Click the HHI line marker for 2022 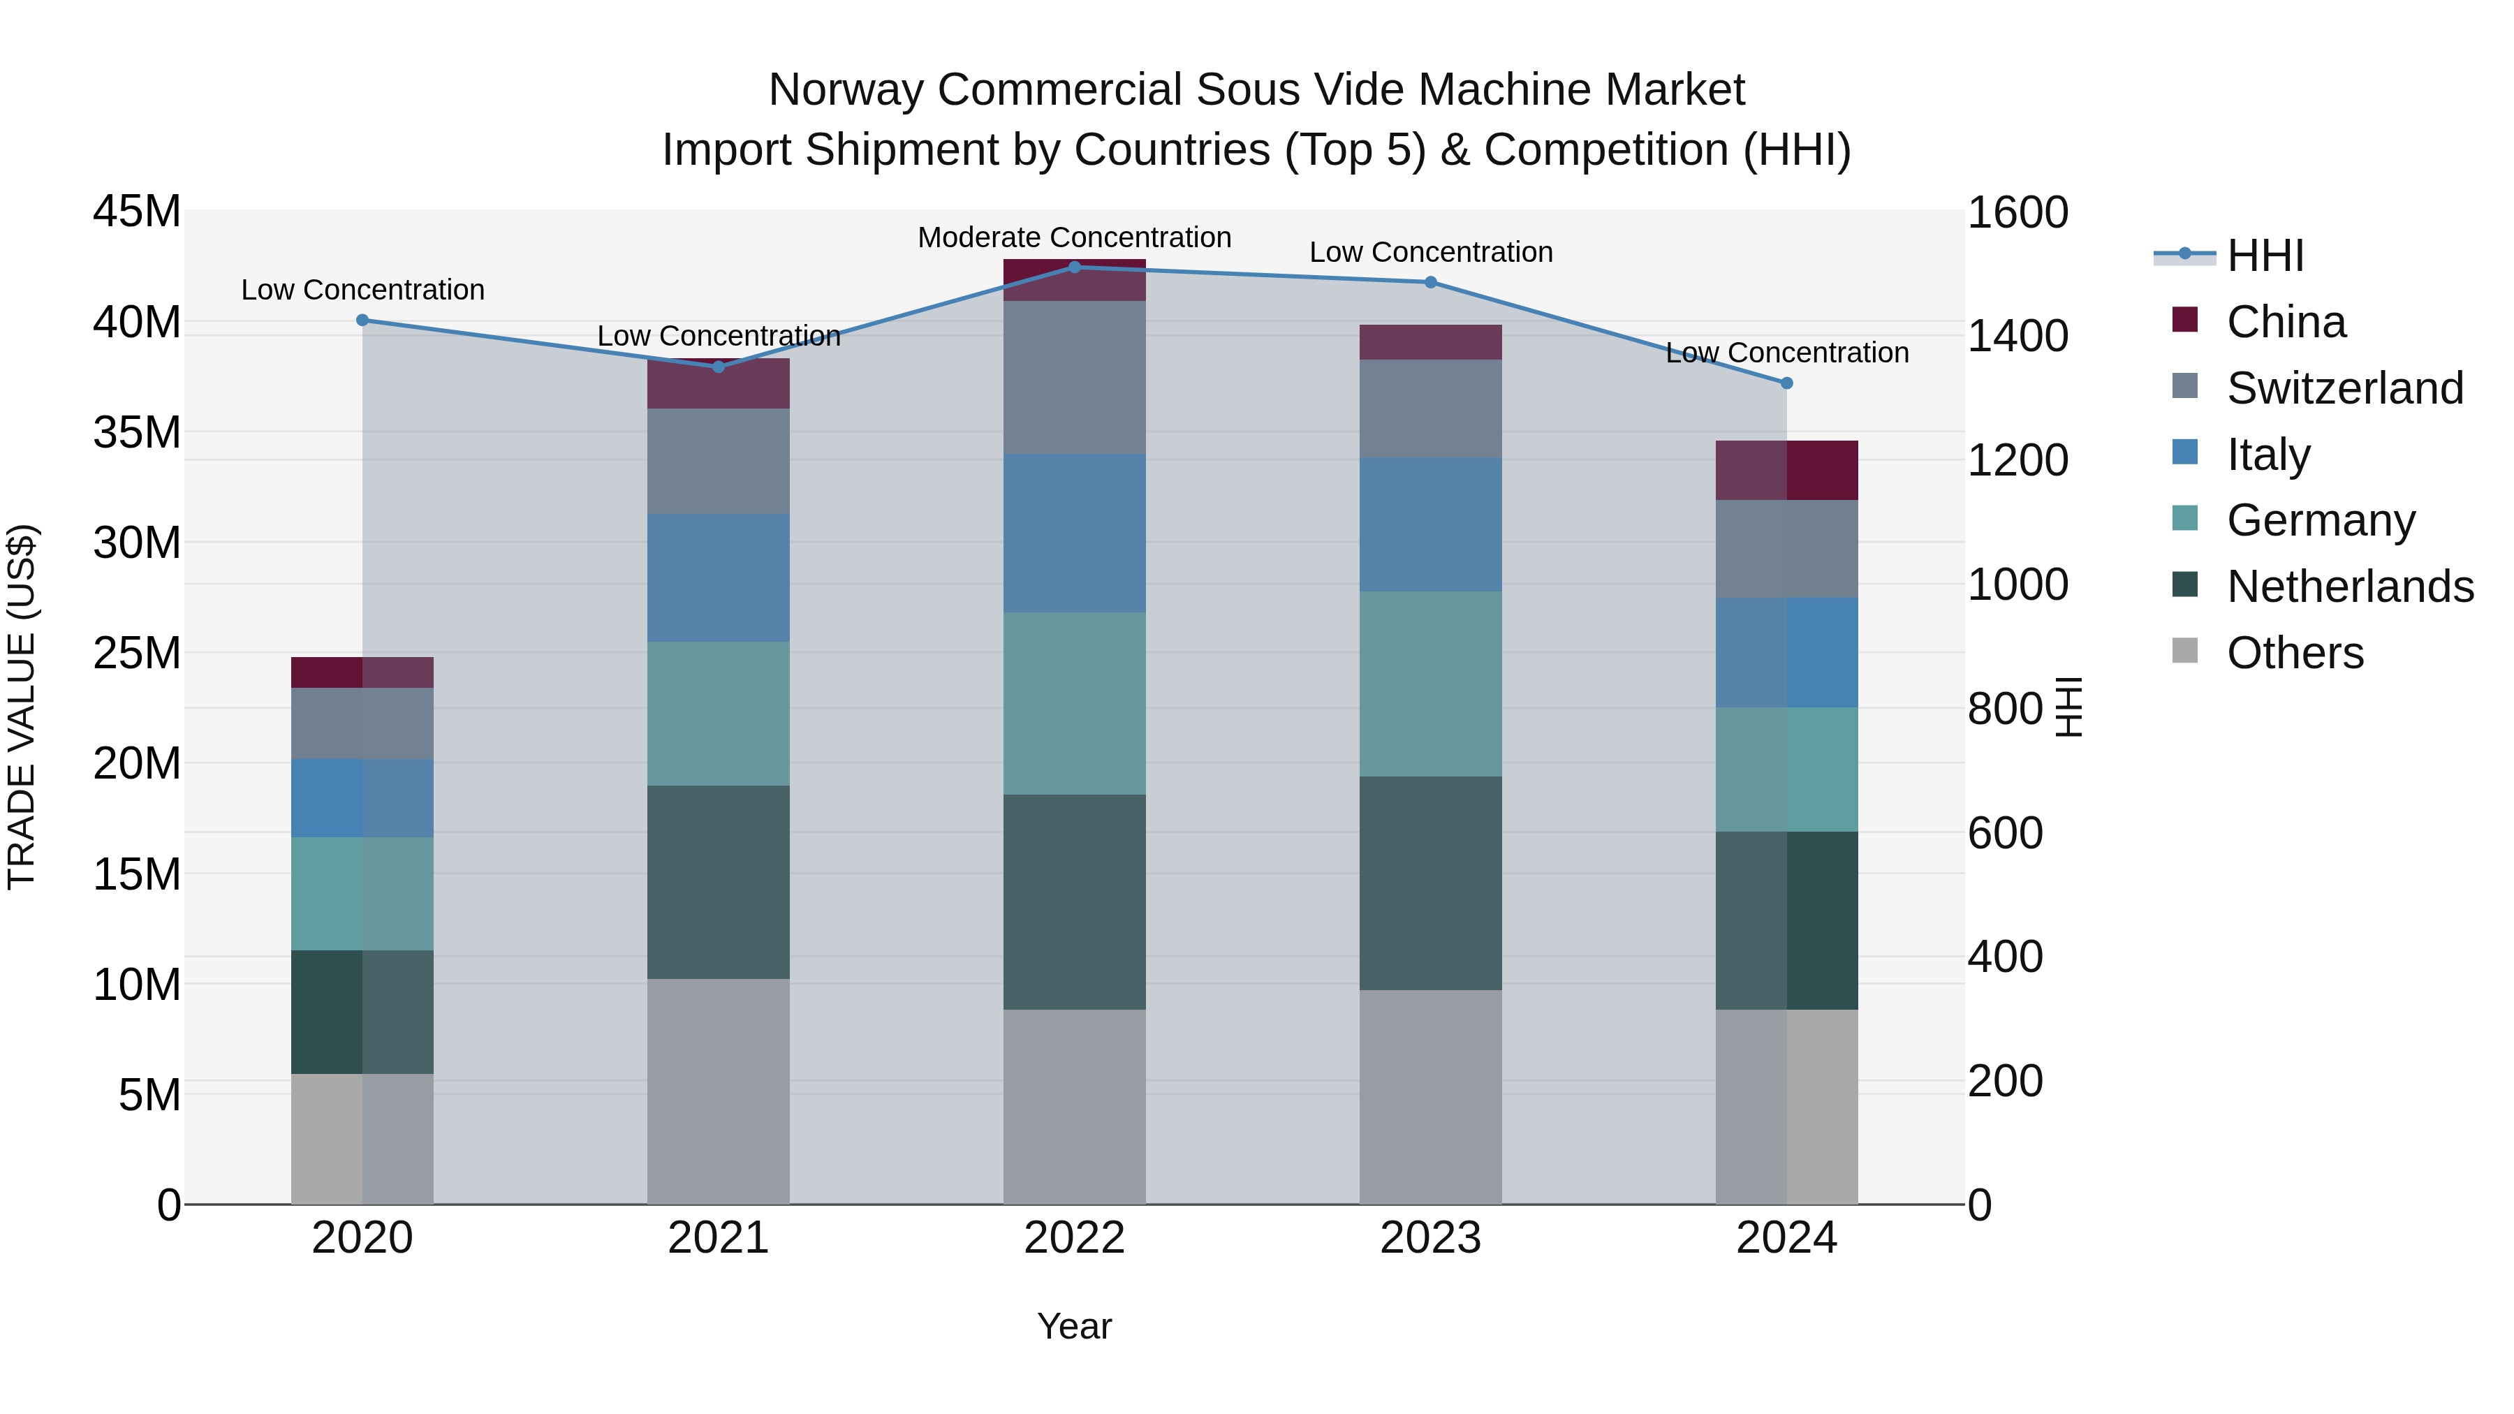[1075, 267]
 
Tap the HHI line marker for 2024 [1787, 383]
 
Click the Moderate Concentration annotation [1075, 237]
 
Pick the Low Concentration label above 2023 [1431, 252]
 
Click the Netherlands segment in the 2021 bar [719, 882]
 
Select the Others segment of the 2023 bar [1431, 1097]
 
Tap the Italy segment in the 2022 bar [1075, 533]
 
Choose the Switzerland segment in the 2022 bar [1075, 378]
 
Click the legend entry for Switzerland [2344, 388]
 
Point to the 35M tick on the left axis [137, 432]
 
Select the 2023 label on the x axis [1431, 1238]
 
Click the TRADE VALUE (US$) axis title [22, 707]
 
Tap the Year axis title [1075, 1326]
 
